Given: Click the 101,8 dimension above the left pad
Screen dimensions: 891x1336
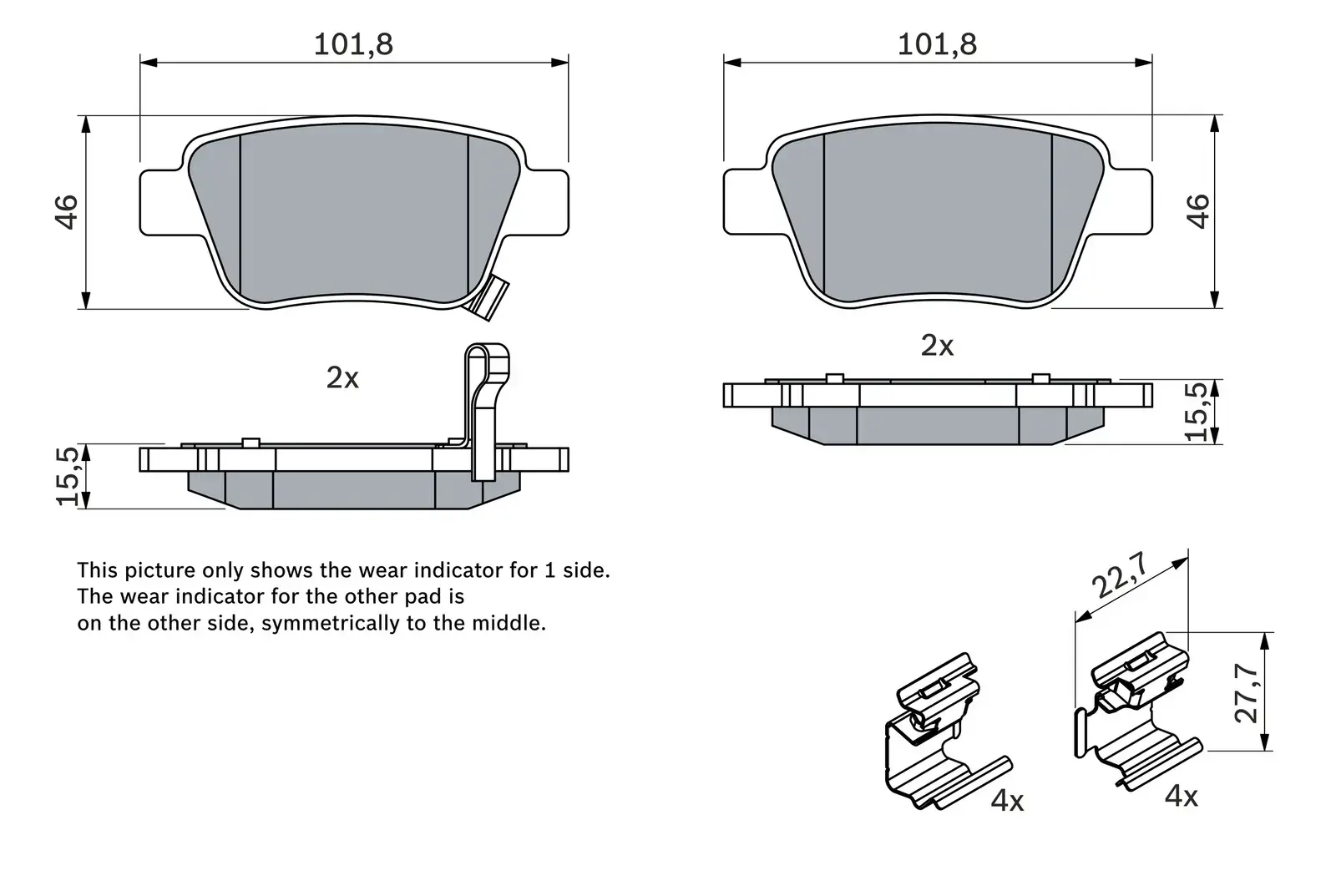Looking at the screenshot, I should coord(352,44).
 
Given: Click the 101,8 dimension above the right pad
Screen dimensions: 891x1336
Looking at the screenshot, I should coord(936,44).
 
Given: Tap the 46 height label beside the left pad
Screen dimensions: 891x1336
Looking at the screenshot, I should coord(67,211).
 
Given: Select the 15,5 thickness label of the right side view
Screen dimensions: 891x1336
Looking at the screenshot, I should coord(1197,411).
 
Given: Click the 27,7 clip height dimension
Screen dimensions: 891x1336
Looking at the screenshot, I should coord(1247,693).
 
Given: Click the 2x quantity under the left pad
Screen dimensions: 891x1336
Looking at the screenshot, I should coord(342,378).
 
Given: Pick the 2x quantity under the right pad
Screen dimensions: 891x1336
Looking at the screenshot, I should coord(937,346).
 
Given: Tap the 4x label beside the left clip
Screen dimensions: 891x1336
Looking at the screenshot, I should coord(1007,802).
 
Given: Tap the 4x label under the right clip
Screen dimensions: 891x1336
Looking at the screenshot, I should coord(1181,797).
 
